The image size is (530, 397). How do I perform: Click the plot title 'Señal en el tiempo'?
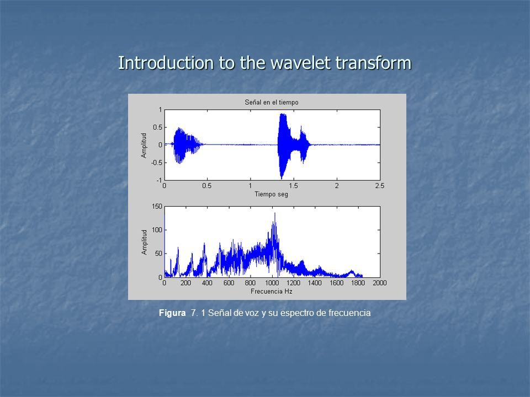(x=272, y=103)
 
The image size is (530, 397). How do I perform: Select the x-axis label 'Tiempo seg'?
(x=271, y=194)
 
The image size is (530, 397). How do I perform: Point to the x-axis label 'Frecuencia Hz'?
(x=272, y=291)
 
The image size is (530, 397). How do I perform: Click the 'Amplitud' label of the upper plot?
(x=144, y=145)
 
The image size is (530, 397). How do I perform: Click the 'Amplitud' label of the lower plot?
(x=144, y=242)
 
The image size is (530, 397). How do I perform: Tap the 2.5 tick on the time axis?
(x=380, y=186)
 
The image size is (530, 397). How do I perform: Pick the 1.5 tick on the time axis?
(x=293, y=186)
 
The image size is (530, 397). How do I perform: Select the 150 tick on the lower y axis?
(x=157, y=206)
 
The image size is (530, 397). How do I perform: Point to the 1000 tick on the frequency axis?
(x=272, y=283)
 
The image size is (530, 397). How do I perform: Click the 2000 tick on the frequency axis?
(x=380, y=283)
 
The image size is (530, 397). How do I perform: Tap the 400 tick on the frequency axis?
(x=207, y=283)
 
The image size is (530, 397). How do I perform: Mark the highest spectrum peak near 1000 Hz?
(x=275, y=213)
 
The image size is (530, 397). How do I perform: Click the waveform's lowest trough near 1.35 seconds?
(x=282, y=178)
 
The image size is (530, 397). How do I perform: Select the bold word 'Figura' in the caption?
(x=172, y=313)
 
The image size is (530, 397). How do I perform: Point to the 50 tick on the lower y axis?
(x=158, y=254)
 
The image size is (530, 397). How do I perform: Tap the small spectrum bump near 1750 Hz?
(x=352, y=271)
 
